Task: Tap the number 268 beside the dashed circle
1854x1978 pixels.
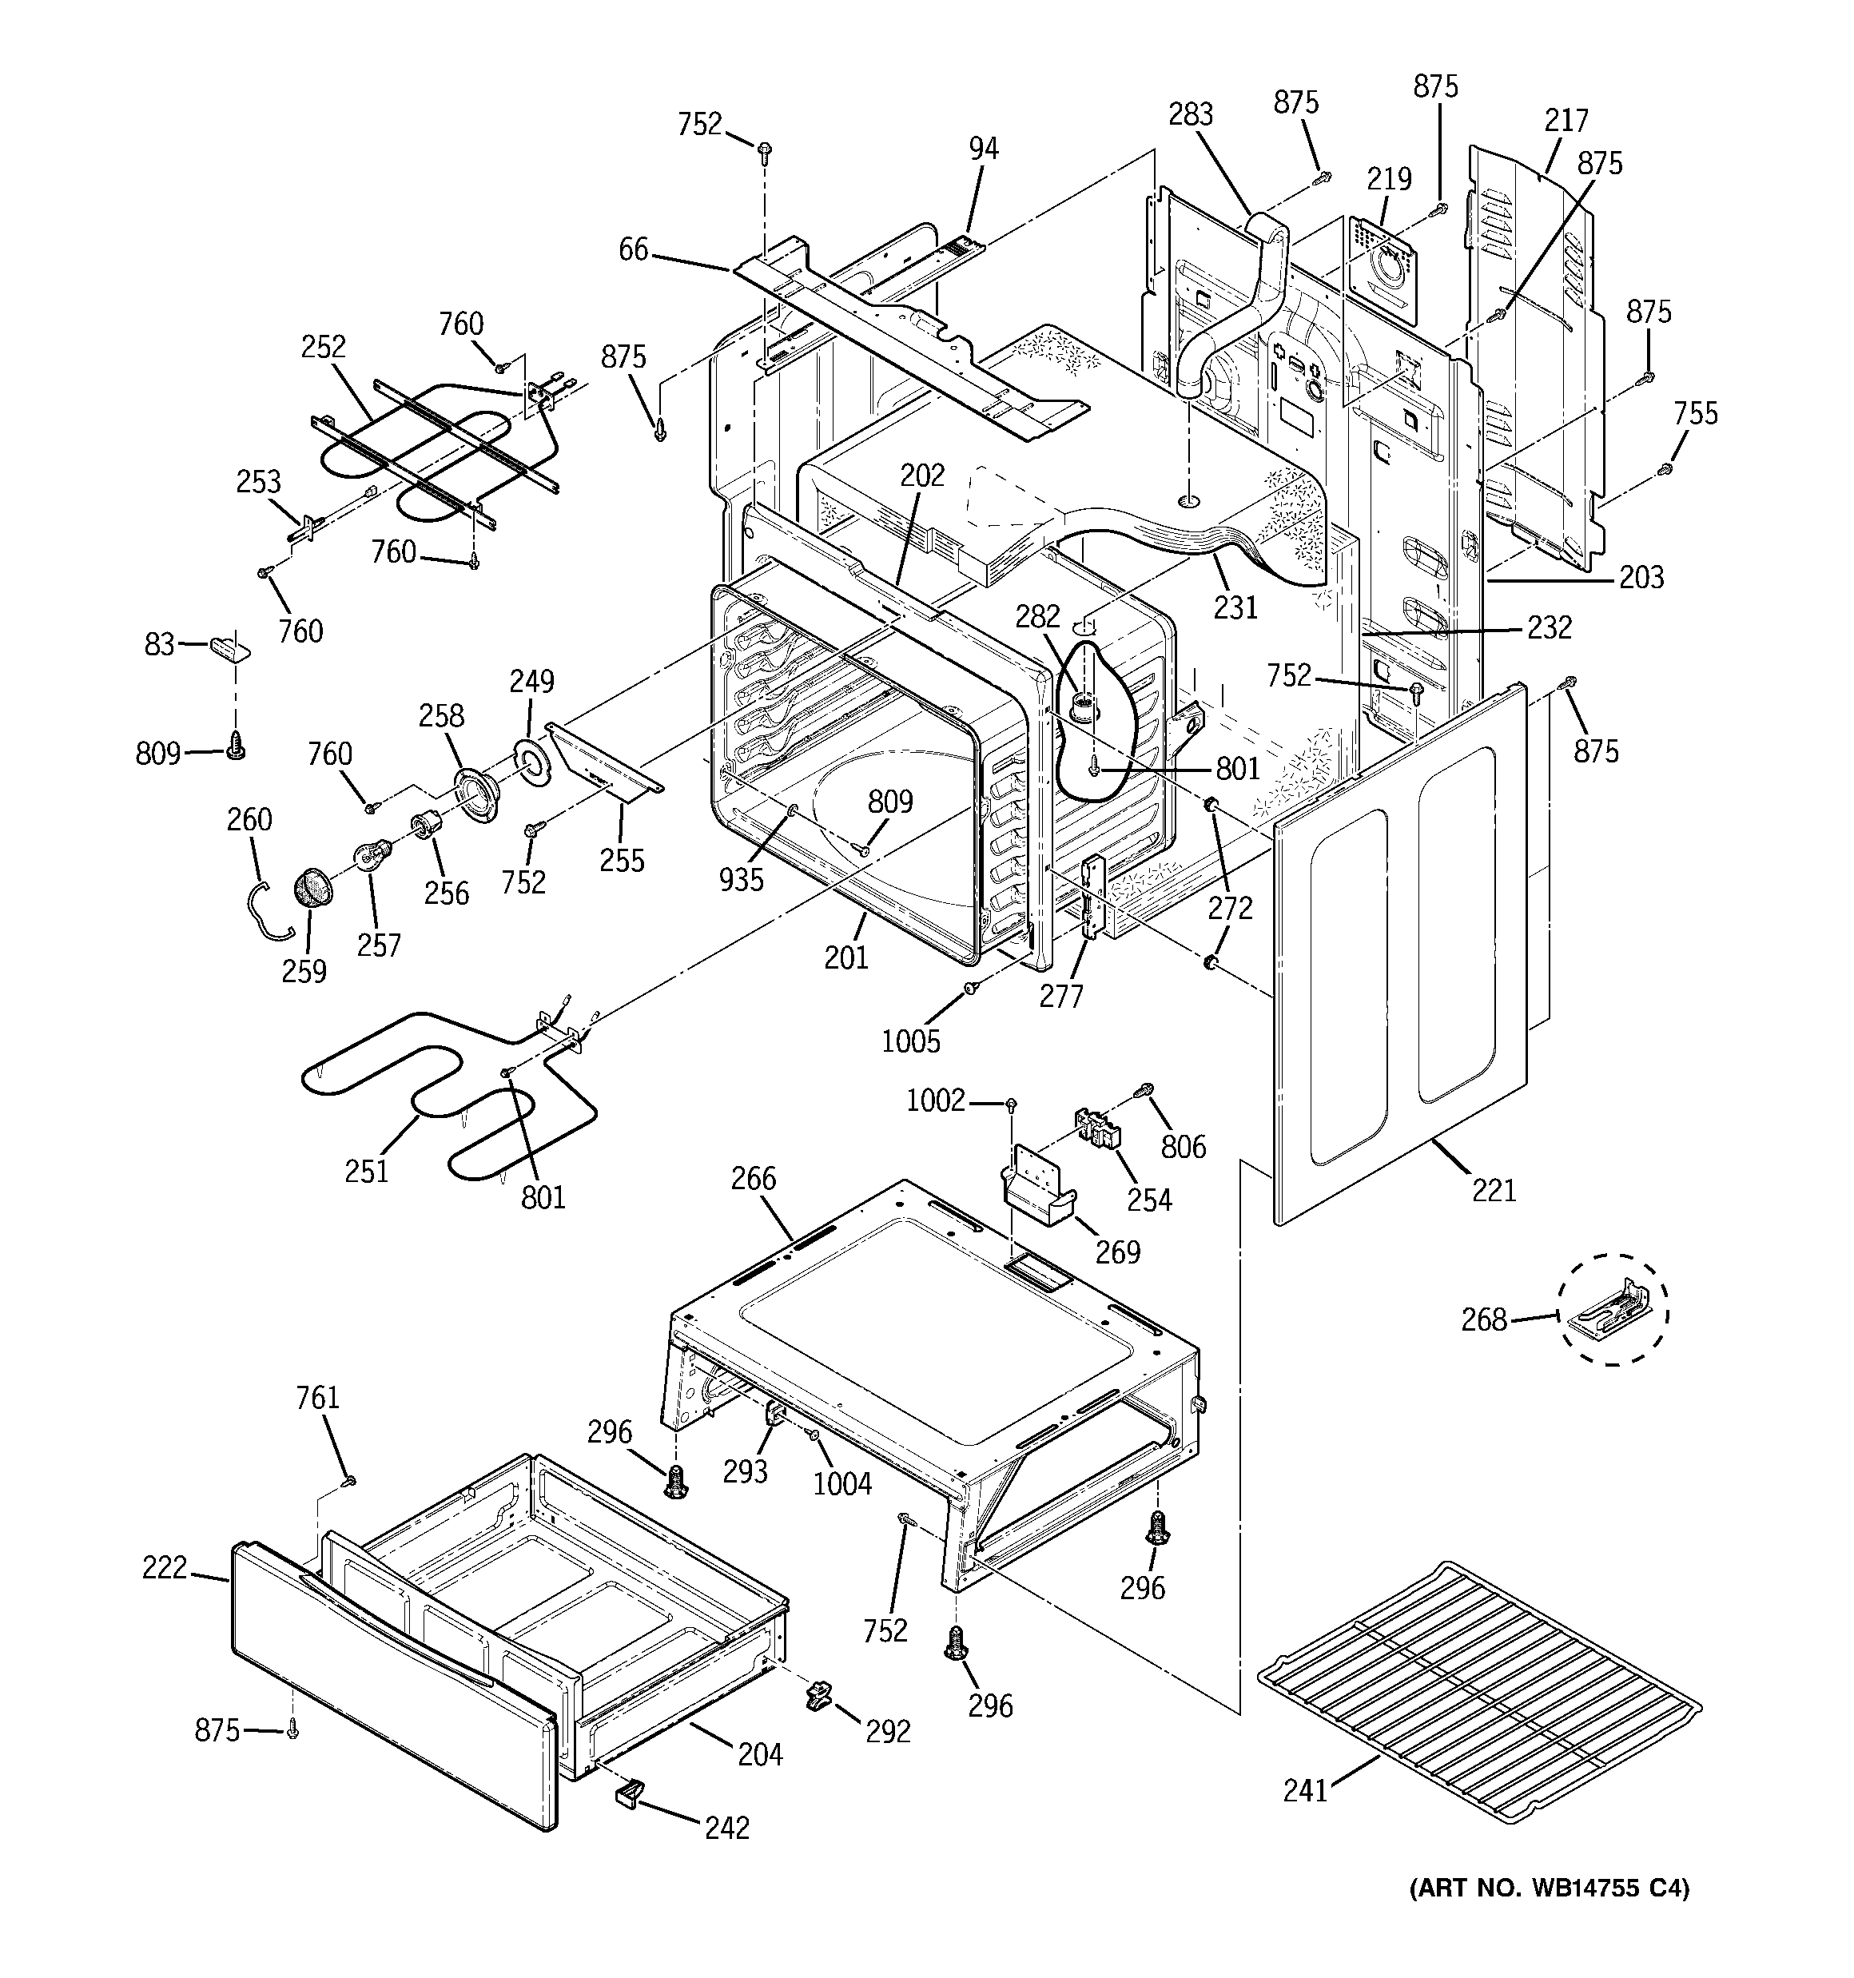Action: coord(1484,1319)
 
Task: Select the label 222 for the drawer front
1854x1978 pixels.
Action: coord(164,1568)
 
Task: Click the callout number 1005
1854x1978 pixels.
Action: coord(910,1041)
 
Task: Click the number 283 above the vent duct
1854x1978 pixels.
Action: coord(1190,114)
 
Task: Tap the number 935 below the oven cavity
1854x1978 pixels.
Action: coord(742,878)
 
